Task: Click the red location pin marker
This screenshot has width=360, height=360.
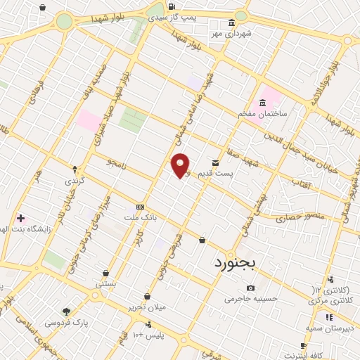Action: [x=181, y=165]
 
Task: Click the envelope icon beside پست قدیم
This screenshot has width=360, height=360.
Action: [x=215, y=162]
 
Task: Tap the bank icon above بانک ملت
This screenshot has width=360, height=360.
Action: [x=140, y=207]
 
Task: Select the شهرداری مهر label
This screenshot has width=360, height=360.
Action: [x=235, y=33]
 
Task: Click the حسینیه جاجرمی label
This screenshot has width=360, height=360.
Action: [x=251, y=298]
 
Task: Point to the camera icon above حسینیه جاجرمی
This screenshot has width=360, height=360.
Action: [x=251, y=288]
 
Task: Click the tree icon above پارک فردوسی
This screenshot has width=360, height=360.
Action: [x=67, y=311]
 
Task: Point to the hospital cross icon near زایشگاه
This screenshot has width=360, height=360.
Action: [x=20, y=219]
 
